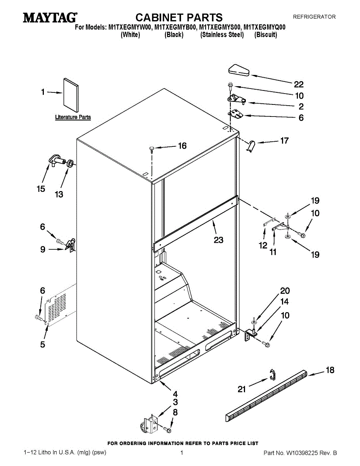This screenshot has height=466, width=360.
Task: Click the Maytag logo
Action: tap(50, 17)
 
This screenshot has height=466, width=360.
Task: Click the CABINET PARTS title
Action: tap(179, 17)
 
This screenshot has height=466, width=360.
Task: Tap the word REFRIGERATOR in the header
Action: tap(314, 17)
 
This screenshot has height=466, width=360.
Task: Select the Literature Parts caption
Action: tap(73, 117)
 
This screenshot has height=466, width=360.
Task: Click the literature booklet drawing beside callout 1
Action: tap(71, 95)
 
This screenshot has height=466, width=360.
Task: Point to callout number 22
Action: tap(299, 85)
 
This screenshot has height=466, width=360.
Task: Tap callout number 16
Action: tap(183, 146)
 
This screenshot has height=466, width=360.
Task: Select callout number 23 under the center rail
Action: tap(219, 240)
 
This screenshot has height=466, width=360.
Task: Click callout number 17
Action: tap(284, 141)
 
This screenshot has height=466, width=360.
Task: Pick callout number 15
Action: tap(41, 189)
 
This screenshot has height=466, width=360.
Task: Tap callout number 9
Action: tap(43, 249)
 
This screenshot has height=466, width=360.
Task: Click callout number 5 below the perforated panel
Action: tap(43, 344)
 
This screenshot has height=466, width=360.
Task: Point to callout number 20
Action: tap(285, 291)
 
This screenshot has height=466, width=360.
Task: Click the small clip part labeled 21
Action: tap(272, 375)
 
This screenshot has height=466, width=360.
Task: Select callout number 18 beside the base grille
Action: tap(330, 370)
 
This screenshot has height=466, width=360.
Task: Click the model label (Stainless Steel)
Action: tap(222, 35)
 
